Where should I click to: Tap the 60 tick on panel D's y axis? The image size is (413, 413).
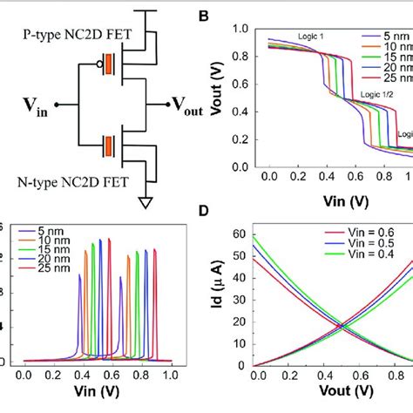tap(241, 233)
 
